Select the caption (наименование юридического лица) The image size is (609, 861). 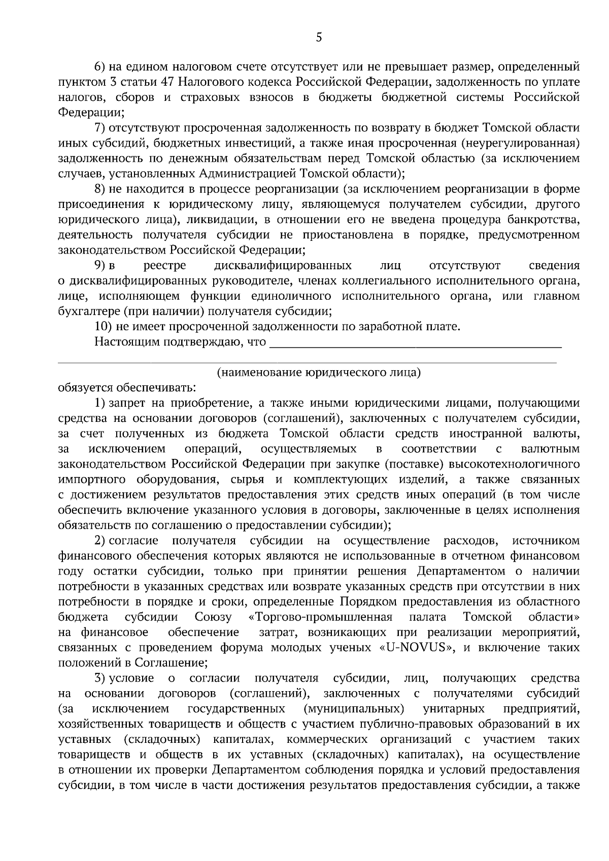pos(319,373)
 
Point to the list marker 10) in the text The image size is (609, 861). pos(104,327)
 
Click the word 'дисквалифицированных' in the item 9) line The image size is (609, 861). pos(283,266)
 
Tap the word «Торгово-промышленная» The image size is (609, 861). pos(321,617)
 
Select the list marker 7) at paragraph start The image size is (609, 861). pos(99,128)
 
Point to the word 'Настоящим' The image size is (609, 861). pos(127,342)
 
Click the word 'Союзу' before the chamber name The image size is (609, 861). pos(213,617)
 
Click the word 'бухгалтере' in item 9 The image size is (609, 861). pos(87,311)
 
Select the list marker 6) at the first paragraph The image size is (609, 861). pos(99,66)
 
